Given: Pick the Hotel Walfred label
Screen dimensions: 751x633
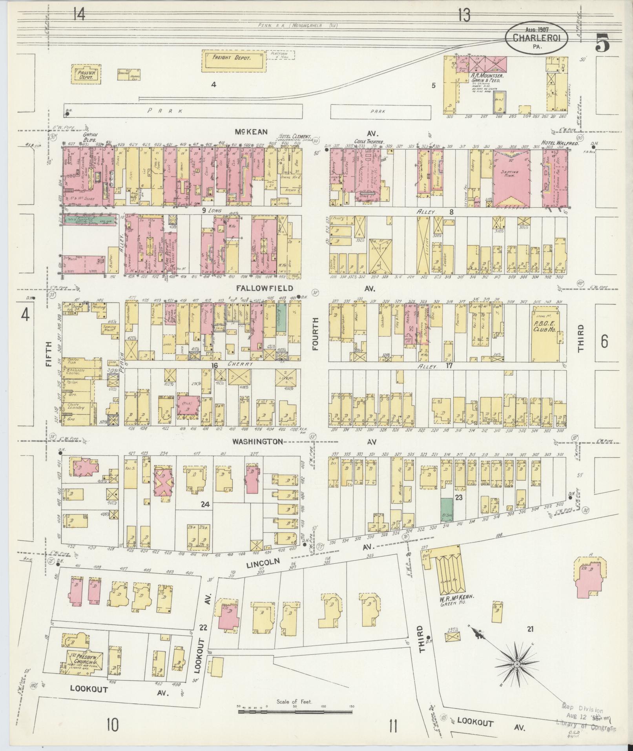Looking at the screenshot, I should coord(554,143).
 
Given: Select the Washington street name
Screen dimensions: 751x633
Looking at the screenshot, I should coord(257,442).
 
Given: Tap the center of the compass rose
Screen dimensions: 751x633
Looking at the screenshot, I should coord(517,664).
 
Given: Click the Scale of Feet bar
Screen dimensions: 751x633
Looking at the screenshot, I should coord(295,706).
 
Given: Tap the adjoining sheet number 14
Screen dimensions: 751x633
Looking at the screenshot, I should coord(79,15).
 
